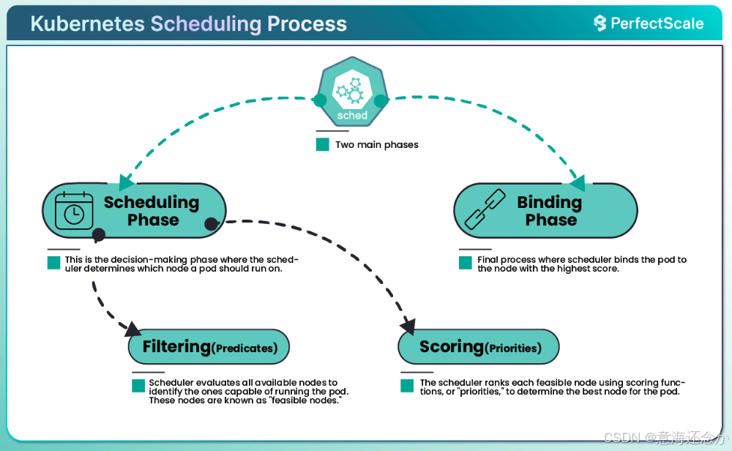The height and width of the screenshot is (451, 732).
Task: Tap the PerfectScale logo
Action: (x=649, y=23)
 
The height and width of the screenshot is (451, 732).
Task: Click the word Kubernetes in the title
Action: (x=87, y=23)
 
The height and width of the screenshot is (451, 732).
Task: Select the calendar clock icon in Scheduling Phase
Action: (x=75, y=210)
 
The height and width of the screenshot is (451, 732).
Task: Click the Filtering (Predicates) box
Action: (x=209, y=347)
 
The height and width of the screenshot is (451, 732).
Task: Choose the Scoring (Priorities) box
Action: (x=478, y=347)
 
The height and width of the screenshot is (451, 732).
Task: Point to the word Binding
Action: (x=549, y=202)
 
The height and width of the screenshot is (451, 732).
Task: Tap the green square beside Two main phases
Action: (x=323, y=144)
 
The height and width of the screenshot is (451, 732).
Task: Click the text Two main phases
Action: (x=377, y=145)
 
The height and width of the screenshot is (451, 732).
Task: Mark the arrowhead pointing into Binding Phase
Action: (x=578, y=182)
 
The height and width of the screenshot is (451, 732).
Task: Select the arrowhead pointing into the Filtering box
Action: (x=132, y=328)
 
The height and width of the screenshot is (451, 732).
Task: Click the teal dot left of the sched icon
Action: (x=319, y=100)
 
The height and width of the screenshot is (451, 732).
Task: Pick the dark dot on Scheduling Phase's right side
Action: (x=211, y=223)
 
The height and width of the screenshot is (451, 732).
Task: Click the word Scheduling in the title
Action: (x=206, y=23)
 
